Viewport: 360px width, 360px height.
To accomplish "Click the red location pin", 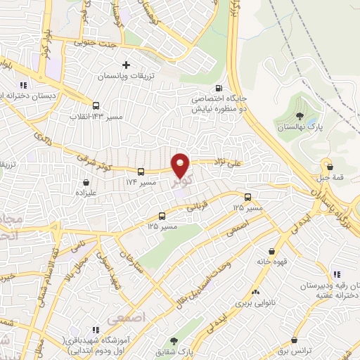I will (181, 165).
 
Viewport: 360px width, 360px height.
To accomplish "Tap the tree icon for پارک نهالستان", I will (300, 117).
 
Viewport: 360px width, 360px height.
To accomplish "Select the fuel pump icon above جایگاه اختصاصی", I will (219, 89).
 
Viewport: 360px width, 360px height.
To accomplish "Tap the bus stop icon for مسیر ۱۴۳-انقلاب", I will (84, 105).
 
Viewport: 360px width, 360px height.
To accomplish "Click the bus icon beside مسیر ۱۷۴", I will (141, 172).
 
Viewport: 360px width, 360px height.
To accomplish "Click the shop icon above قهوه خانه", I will (271, 250).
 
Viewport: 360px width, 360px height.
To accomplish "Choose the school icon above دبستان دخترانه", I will (22, 85).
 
